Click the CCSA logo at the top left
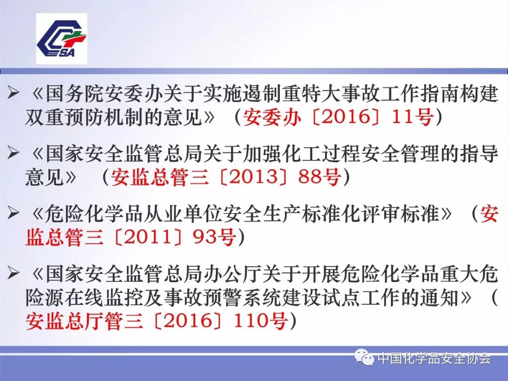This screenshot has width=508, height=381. (x=62, y=39)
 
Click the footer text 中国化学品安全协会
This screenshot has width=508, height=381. (x=434, y=358)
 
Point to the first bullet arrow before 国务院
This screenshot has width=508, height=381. (x=14, y=92)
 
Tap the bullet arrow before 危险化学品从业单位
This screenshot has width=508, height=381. (x=14, y=214)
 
